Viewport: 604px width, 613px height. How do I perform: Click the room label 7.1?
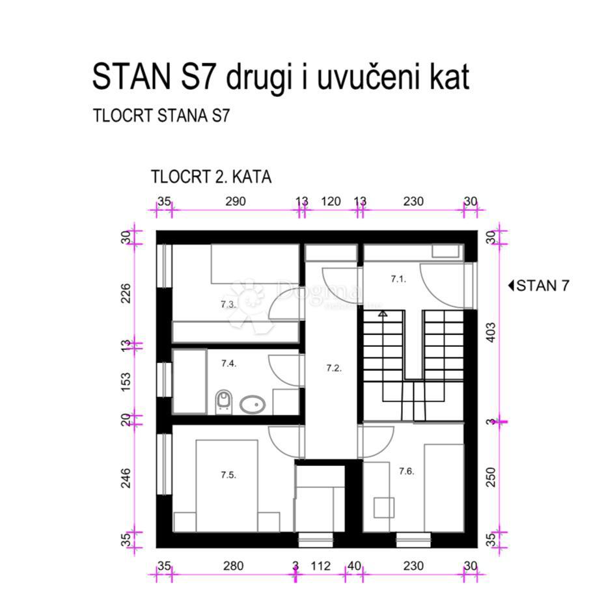pyautogui.click(x=398, y=279)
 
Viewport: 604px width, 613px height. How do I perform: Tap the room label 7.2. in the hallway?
pyautogui.click(x=333, y=368)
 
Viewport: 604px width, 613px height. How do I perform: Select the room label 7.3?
pyautogui.click(x=228, y=304)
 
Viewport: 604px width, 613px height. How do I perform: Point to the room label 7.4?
pyautogui.click(x=228, y=363)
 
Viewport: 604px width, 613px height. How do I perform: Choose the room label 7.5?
pyautogui.click(x=228, y=474)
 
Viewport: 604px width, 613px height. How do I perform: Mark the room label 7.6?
pyautogui.click(x=407, y=470)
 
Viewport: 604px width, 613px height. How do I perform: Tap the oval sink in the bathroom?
pyautogui.click(x=252, y=405)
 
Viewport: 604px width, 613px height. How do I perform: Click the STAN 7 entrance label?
pyautogui.click(x=538, y=286)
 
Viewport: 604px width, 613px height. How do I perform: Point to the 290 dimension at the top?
pyautogui.click(x=235, y=202)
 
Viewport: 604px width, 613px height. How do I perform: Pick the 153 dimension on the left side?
pyautogui.click(x=126, y=380)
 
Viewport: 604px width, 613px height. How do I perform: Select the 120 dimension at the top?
pyautogui.click(x=331, y=202)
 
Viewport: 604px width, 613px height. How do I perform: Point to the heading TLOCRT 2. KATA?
pyautogui.click(x=211, y=177)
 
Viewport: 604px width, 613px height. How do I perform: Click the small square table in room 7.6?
pyautogui.click(x=383, y=508)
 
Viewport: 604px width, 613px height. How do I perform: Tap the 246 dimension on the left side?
pyautogui.click(x=126, y=478)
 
